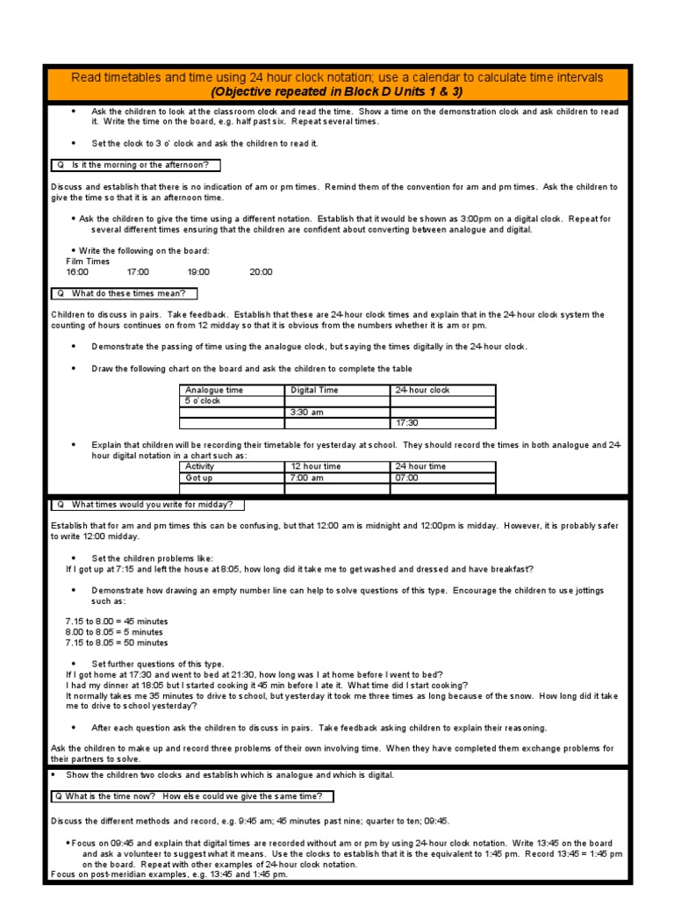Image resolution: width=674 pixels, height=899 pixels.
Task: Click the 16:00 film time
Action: (x=77, y=272)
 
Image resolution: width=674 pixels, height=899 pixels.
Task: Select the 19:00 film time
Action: (x=198, y=272)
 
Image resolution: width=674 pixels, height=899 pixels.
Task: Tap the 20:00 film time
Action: (x=261, y=272)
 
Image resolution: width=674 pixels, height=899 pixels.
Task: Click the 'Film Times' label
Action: (x=88, y=262)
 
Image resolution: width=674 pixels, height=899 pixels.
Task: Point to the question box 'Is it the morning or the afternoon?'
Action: (x=136, y=165)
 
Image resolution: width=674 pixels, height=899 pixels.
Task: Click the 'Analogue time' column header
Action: (x=214, y=390)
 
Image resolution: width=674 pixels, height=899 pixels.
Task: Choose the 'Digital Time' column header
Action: (x=314, y=390)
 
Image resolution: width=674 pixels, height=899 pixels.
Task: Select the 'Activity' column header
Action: (x=200, y=467)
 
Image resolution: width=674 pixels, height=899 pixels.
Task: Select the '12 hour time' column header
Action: (x=315, y=467)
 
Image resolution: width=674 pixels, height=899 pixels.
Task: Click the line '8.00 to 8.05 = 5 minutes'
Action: (x=114, y=632)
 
